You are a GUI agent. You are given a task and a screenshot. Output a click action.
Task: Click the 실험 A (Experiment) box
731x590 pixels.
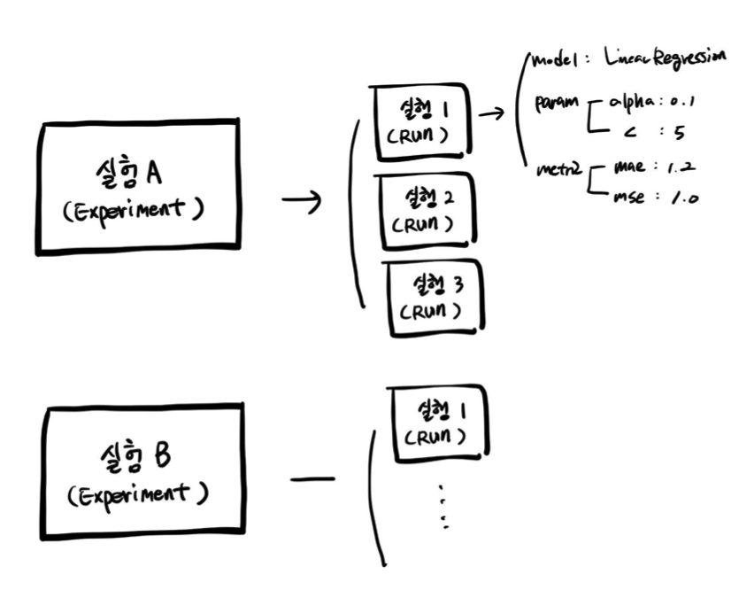point(137,187)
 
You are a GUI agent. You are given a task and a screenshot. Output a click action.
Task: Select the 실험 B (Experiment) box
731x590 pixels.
point(141,470)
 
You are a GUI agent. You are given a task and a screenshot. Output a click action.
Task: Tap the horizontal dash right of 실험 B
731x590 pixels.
point(312,479)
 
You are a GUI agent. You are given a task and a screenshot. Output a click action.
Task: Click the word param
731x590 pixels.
point(556,104)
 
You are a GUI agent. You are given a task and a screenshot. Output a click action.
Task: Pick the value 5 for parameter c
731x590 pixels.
point(679,133)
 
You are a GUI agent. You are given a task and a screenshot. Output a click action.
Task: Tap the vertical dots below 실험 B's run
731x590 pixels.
point(443,508)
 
